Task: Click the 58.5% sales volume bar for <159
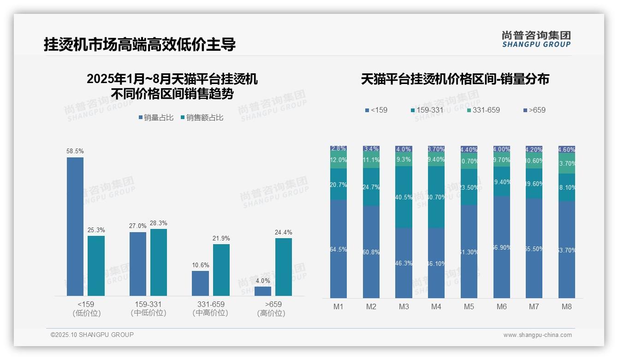coord(75,226)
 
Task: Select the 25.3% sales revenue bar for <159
coord(96,265)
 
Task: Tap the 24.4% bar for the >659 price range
coord(284,267)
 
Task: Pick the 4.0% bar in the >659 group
coord(263,291)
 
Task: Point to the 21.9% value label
coord(221,238)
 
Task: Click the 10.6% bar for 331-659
coord(200,283)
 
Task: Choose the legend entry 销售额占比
coord(202,118)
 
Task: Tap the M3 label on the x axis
coord(404,306)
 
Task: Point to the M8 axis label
coord(567,306)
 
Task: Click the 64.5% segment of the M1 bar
coord(339,249)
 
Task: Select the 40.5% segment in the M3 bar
coord(404,197)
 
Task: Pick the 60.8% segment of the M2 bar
coord(371,252)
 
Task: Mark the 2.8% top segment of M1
coord(339,149)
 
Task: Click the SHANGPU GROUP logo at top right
coord(536,39)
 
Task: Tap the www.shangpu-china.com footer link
coord(537,335)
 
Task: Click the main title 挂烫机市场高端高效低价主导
coord(140,44)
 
